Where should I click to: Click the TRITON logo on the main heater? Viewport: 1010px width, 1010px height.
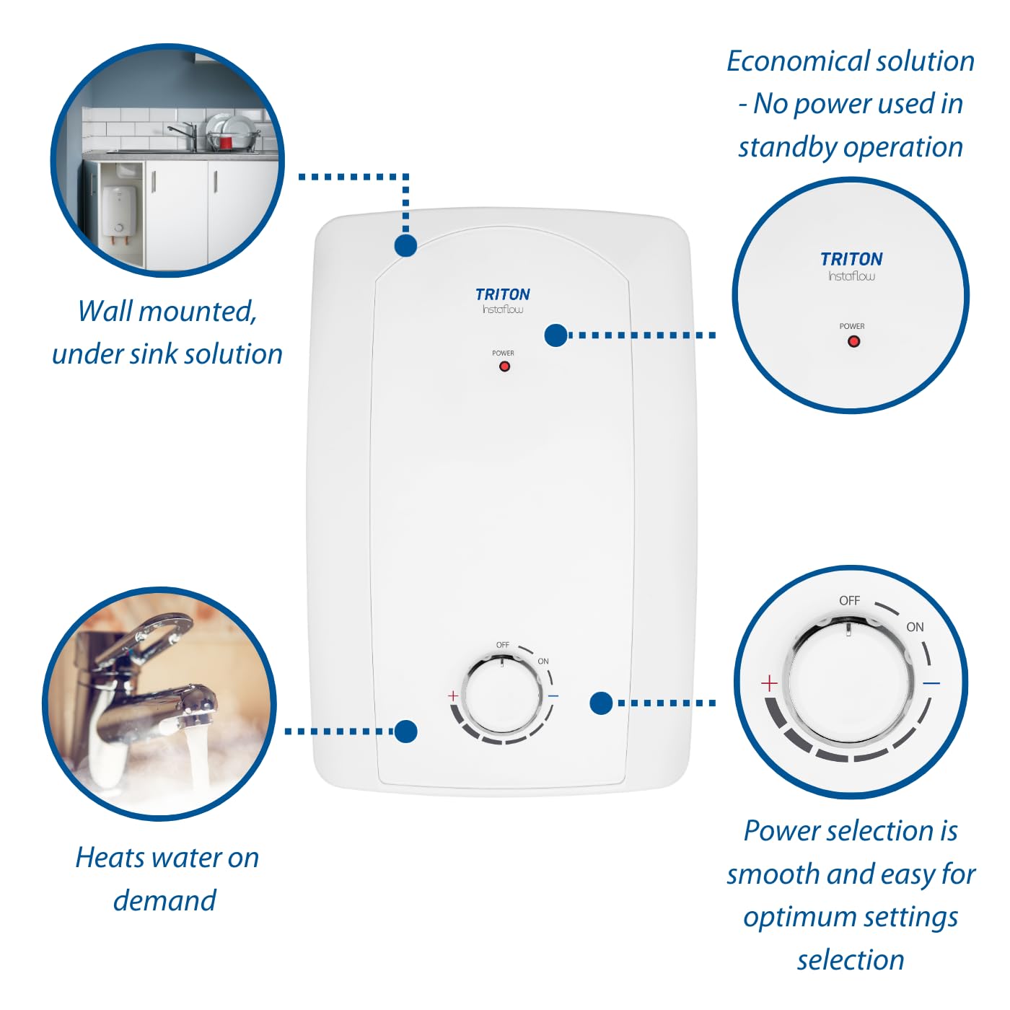[x=502, y=294]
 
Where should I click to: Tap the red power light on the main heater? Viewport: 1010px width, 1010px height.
[x=505, y=366]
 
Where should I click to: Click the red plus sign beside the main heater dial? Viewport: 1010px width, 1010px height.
[x=453, y=696]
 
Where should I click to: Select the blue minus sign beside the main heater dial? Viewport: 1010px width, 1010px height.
[x=553, y=696]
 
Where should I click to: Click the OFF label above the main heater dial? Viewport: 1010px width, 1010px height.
[x=503, y=645]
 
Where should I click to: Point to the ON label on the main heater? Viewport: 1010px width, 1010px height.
[x=543, y=661]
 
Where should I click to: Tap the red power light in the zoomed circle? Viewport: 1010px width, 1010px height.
[x=853, y=341]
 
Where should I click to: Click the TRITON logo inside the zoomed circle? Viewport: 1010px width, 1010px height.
[x=851, y=259]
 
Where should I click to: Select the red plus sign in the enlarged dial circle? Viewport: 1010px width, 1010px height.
[x=769, y=683]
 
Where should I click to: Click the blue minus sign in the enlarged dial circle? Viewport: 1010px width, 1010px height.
[x=931, y=682]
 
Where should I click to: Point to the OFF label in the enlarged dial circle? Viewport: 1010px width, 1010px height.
[x=849, y=600]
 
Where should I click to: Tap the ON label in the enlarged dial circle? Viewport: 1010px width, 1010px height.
[x=915, y=627]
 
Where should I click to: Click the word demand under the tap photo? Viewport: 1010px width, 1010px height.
[x=164, y=900]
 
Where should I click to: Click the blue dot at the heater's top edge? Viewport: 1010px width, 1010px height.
[x=406, y=245]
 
